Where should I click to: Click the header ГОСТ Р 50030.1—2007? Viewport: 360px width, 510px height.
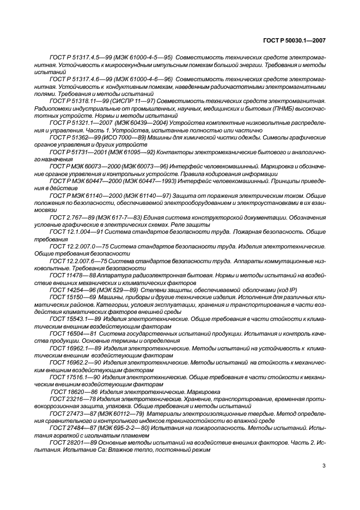pos(297,40)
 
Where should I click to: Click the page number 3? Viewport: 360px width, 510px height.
pos(324,466)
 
